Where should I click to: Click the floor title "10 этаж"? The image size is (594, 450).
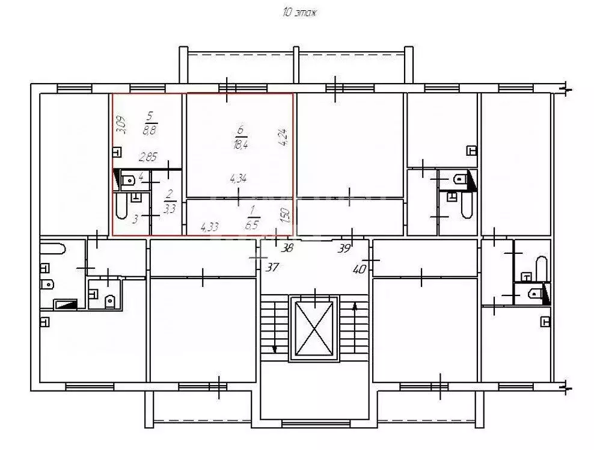pos(299,13)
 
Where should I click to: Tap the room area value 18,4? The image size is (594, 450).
pos(240,144)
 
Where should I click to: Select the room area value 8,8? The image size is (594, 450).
pos(150,131)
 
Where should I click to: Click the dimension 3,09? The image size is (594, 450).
pos(121,125)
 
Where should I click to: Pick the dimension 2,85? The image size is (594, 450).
pos(148,157)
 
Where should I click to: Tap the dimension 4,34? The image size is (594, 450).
pos(238,178)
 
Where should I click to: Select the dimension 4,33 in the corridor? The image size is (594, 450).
pos(209,227)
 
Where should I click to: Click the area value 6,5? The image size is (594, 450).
pos(251,225)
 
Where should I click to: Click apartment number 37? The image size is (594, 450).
pos(272,267)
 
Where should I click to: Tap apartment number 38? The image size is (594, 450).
pos(287,248)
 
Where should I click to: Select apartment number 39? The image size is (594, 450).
pos(344,248)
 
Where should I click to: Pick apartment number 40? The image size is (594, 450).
pos(360,270)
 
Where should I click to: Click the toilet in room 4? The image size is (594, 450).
pos(129,180)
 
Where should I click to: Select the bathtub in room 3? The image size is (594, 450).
pos(121,206)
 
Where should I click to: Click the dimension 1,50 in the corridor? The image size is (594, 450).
pos(287,215)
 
